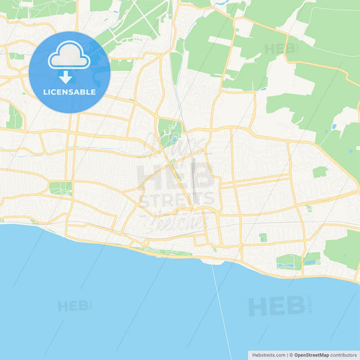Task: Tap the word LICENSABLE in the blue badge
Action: tap(70, 92)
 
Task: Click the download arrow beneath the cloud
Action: tap(70, 77)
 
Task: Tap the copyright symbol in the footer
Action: tap(290, 354)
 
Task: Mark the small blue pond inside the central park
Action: tap(173, 140)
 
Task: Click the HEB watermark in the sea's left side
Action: tap(74, 306)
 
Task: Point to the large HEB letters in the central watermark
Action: tap(176, 175)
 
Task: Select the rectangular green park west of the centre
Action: tap(60, 188)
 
